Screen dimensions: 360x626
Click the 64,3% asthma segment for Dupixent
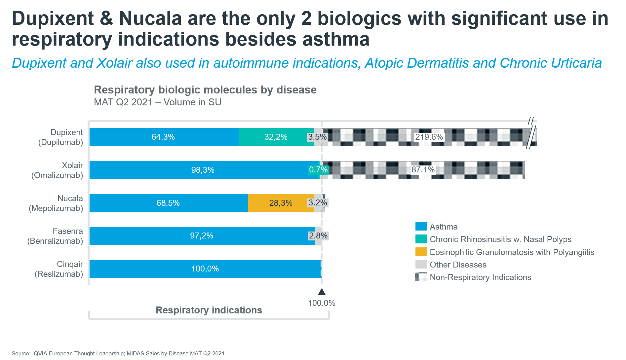[x=163, y=137]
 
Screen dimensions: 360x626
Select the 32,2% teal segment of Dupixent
[x=276, y=137]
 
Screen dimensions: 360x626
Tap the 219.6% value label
[x=429, y=137]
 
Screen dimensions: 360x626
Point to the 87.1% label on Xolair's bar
[x=423, y=170]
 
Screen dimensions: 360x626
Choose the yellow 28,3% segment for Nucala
[x=281, y=203]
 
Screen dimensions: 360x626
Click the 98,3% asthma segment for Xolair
[x=203, y=170]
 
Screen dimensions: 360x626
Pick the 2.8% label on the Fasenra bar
[x=318, y=236]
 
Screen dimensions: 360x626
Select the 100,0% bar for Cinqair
[x=205, y=269]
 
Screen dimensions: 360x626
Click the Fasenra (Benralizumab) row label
[x=55, y=236]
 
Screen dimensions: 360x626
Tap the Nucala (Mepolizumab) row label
[x=56, y=203]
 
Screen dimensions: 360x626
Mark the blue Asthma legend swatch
[x=421, y=227]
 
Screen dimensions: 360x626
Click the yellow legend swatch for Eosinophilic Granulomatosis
[x=421, y=252]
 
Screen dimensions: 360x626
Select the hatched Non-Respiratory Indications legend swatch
[x=421, y=277]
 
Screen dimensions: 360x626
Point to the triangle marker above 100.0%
[x=322, y=292]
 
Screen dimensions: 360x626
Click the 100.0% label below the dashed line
[x=322, y=303]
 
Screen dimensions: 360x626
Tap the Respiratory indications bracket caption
[x=209, y=310]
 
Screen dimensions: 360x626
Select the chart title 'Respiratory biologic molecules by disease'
[x=205, y=90]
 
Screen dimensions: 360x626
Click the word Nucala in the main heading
[x=150, y=18]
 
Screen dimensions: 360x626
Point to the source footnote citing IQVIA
[x=118, y=353]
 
